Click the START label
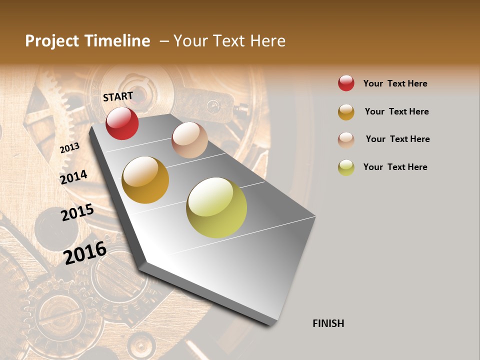tap(118, 96)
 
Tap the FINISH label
tap(328, 323)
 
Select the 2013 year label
tap(69, 147)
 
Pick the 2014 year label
tap(73, 177)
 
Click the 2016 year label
tap(85, 252)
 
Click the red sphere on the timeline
tap(122, 123)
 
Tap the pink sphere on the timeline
tap(189, 140)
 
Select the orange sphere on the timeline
tap(145, 180)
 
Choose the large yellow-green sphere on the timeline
tap(216, 207)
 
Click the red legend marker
tap(346, 83)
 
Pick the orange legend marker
tap(346, 112)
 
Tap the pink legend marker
tap(346, 140)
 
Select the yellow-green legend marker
tap(346, 167)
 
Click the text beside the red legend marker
tap(395, 83)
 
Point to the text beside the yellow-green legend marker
tap(395, 167)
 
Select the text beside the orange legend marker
tap(396, 111)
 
